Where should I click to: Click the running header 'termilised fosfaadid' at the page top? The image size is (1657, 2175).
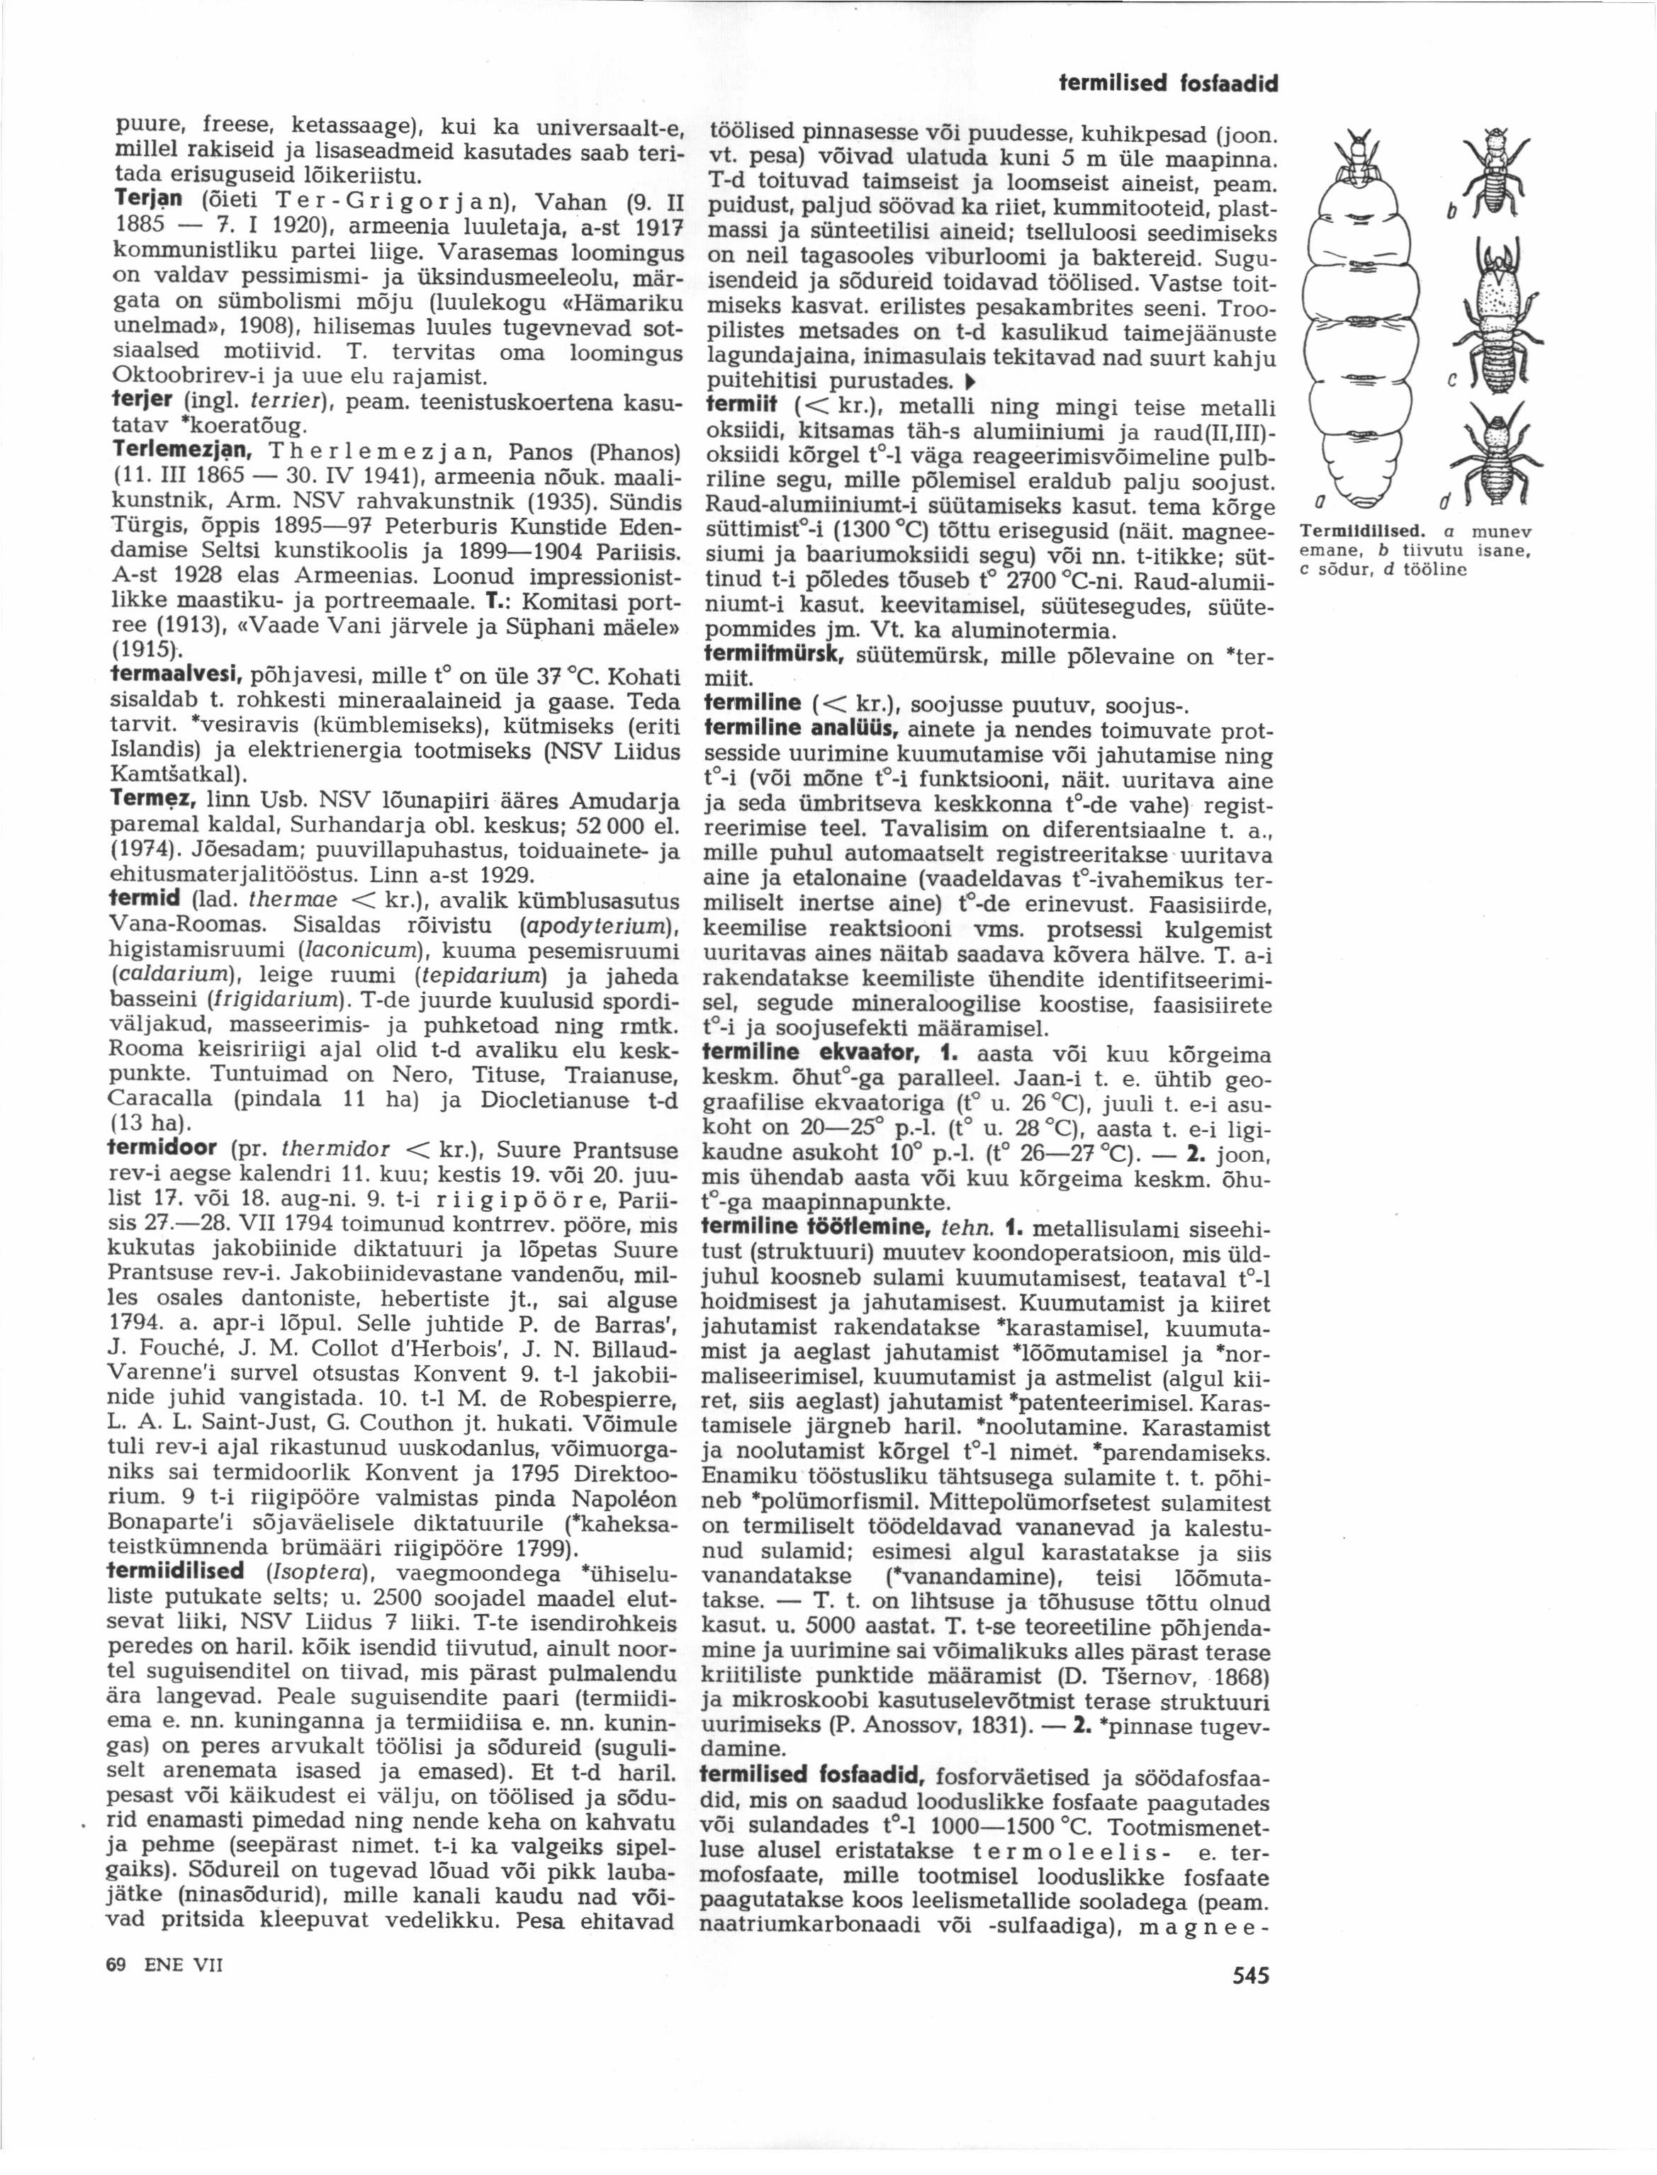[1168, 85]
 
